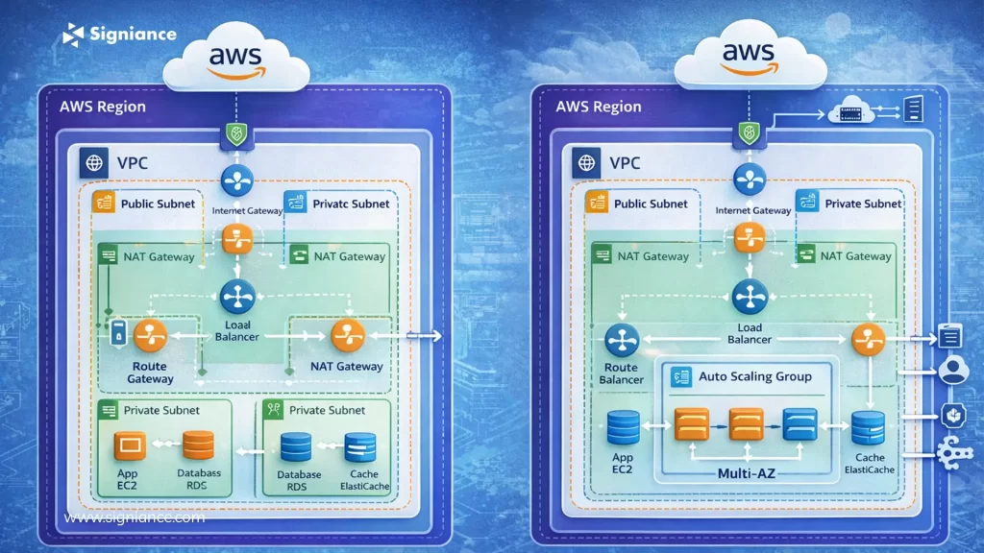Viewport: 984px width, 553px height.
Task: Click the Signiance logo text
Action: point(133,34)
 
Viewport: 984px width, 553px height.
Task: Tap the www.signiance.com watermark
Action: point(135,517)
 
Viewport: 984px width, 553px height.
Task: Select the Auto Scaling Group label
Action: point(754,376)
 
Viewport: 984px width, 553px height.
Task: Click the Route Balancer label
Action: point(621,373)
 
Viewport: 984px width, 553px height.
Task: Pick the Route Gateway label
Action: point(151,373)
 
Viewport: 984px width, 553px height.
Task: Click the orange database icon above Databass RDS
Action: point(198,445)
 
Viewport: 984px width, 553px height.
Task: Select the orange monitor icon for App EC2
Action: point(130,445)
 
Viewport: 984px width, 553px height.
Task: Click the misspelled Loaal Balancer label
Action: point(235,331)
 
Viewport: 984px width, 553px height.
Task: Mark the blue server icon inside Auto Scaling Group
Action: point(799,423)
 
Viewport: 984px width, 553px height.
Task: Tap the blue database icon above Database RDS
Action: point(296,446)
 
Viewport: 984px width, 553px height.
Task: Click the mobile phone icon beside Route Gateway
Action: point(118,333)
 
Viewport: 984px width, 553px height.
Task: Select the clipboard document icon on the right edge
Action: point(950,336)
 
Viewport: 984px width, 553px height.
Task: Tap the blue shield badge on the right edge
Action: point(952,415)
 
